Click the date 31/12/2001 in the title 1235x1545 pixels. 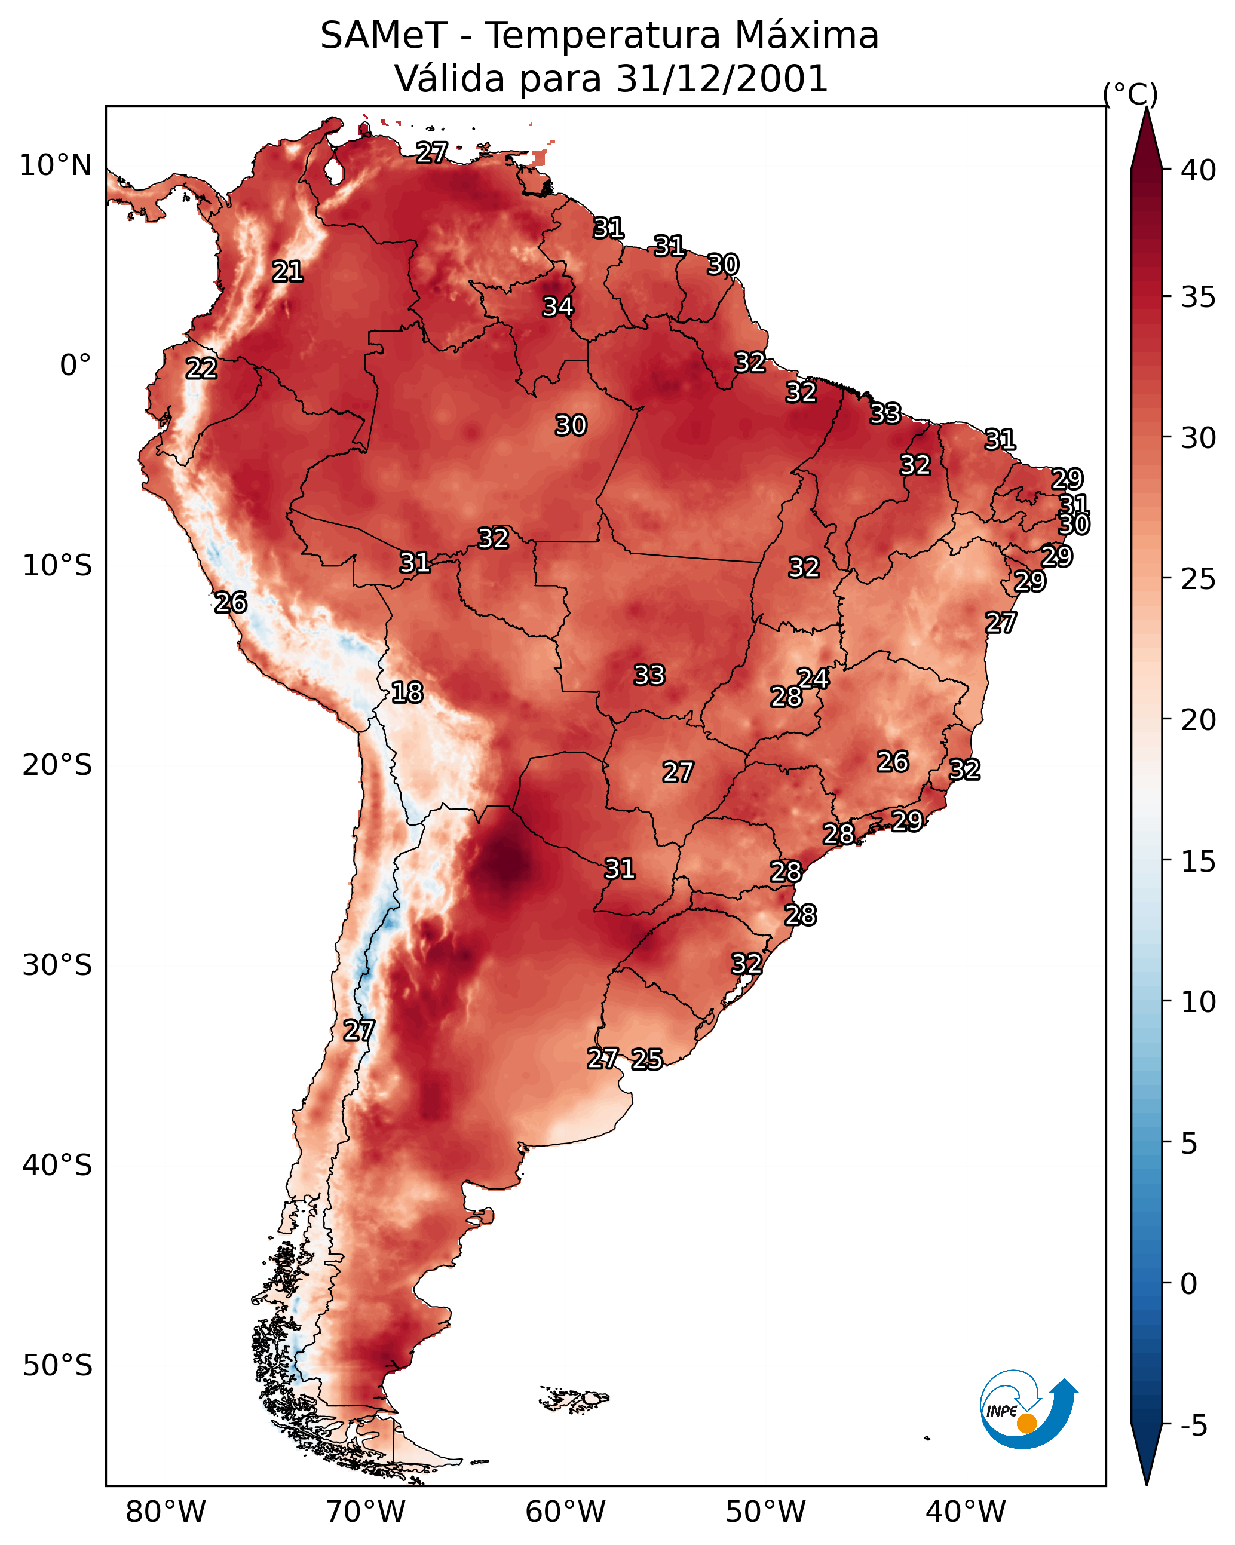click(722, 79)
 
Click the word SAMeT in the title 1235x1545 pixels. click(384, 35)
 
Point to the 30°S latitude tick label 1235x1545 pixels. click(57, 965)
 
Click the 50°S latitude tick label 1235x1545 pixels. click(57, 1365)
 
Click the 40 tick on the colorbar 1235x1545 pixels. click(1199, 170)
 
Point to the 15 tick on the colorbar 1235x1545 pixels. click(1199, 862)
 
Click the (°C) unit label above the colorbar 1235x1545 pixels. click(1130, 94)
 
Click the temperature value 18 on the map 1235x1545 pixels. click(407, 692)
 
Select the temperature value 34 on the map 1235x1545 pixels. click(557, 306)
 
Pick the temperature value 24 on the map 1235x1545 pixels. click(814, 678)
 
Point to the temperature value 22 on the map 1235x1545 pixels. click(201, 369)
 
